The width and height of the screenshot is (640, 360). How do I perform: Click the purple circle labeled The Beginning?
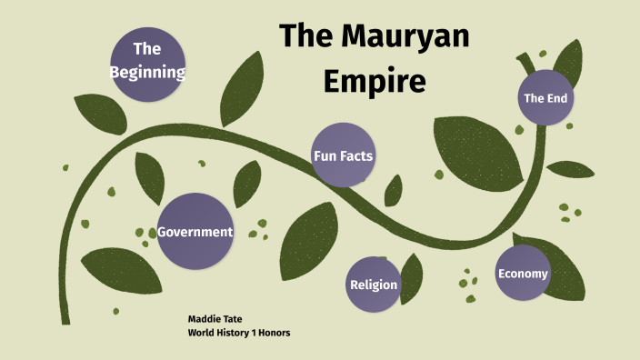(147, 59)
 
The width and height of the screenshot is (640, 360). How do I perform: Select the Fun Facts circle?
(343, 155)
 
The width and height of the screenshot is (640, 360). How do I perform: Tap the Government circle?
(195, 232)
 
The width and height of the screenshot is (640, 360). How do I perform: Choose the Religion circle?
(374, 285)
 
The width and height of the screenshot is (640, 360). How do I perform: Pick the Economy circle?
(523, 274)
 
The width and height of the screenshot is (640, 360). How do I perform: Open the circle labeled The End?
(545, 97)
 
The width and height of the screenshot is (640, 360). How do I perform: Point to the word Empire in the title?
(374, 81)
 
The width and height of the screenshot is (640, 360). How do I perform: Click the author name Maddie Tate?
(214, 319)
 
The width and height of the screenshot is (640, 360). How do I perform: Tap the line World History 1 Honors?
(238, 333)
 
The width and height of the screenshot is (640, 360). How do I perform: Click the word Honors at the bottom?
(273, 333)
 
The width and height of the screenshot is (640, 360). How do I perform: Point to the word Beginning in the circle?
(147, 71)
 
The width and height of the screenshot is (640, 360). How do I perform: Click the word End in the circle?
(557, 97)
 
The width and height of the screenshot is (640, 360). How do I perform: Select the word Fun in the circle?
(325, 155)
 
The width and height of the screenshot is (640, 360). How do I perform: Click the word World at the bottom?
(202, 333)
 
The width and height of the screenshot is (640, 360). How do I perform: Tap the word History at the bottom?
(234, 333)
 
